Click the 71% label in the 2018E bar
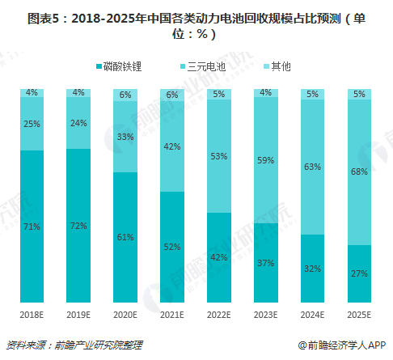click(x=32, y=227)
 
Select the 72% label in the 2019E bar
click(x=78, y=225)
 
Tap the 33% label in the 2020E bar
click(x=125, y=137)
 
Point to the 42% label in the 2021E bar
click(x=172, y=146)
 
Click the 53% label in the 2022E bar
click(x=219, y=156)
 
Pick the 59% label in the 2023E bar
click(x=266, y=160)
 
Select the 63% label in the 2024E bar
click(x=313, y=167)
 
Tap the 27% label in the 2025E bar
click(x=360, y=273)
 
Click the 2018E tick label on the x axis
click(x=32, y=315)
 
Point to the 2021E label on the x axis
click(x=172, y=315)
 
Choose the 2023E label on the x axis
click(x=266, y=315)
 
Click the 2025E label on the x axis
click(x=360, y=315)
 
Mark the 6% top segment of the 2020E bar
click(x=125, y=95)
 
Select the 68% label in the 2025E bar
click(x=360, y=172)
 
